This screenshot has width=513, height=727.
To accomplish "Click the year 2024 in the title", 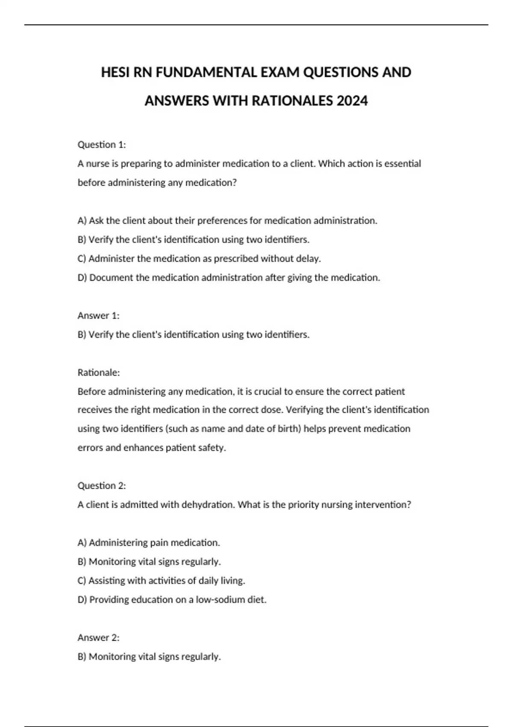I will pyautogui.click(x=352, y=101).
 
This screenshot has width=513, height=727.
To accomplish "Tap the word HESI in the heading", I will pyautogui.click(x=115, y=72).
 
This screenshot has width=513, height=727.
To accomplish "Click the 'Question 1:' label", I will pyautogui.click(x=102, y=145).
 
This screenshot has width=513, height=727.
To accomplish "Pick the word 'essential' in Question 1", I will pyautogui.click(x=403, y=164).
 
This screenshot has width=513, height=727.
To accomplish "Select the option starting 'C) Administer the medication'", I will pyautogui.click(x=199, y=259).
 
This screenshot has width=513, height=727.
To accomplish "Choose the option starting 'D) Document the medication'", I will pyautogui.click(x=229, y=278).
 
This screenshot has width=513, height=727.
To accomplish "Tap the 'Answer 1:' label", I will pyautogui.click(x=99, y=316).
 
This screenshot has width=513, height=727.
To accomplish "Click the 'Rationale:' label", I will pyautogui.click(x=99, y=372).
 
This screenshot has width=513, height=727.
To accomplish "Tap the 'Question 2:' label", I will pyautogui.click(x=102, y=486).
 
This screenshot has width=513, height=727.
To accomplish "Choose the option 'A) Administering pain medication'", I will pyautogui.click(x=149, y=543).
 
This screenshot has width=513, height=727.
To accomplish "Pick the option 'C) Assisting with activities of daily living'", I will pyautogui.click(x=162, y=581).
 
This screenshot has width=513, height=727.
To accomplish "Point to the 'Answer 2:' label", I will pyautogui.click(x=99, y=638).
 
